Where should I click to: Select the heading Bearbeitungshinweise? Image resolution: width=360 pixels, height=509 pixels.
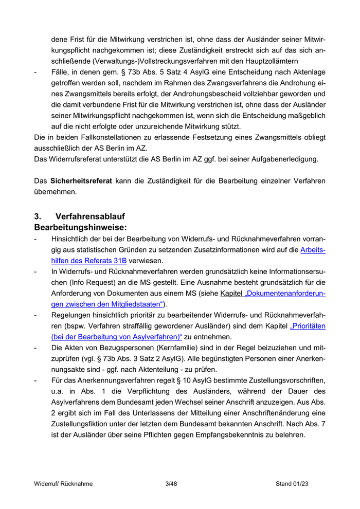[x=80, y=227]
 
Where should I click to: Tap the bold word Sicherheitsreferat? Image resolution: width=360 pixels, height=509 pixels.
[x=81, y=181]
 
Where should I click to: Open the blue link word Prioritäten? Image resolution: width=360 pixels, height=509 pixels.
[x=308, y=326]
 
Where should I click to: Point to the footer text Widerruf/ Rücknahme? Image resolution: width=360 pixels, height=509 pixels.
[x=63, y=484]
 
